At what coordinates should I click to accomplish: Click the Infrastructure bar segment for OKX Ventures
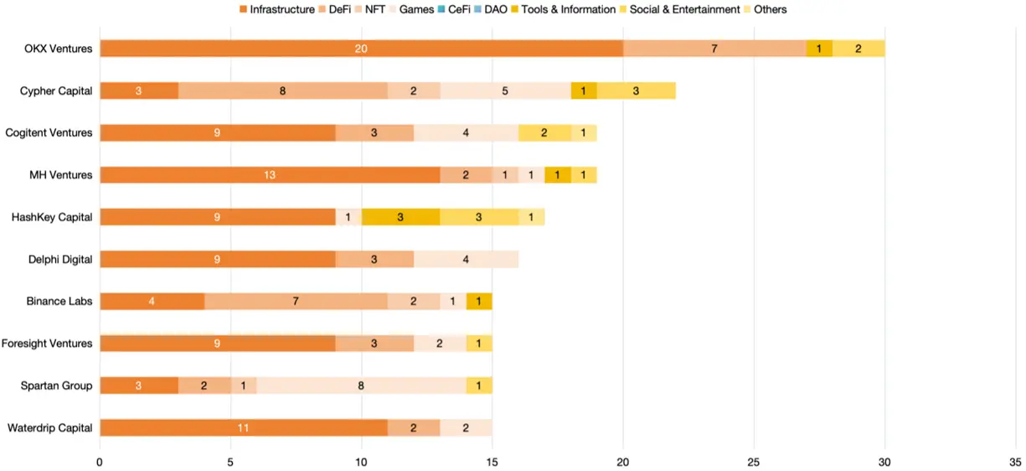[x=361, y=49]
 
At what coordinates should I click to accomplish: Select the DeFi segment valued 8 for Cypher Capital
[x=282, y=91]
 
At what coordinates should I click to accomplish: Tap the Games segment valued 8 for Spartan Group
[x=361, y=386]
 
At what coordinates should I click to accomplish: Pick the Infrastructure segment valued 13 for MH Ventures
[x=270, y=175]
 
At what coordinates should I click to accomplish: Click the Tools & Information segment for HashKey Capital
[x=400, y=217]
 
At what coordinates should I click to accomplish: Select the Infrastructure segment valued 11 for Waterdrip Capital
[x=243, y=427]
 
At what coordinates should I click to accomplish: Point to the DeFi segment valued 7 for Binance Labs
[x=296, y=301]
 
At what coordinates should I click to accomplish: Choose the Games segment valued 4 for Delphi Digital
[x=466, y=259]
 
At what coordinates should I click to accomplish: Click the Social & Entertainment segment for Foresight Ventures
[x=479, y=343]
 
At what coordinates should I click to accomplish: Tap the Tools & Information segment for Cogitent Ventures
[x=544, y=132]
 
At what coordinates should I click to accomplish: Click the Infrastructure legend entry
[x=281, y=9]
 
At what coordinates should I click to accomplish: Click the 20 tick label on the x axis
[x=623, y=461]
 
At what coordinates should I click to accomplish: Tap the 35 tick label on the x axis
[x=1015, y=461]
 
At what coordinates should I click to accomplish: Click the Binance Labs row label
[x=60, y=301]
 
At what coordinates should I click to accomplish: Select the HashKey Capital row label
[x=52, y=217]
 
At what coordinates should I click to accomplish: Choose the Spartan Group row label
[x=57, y=386]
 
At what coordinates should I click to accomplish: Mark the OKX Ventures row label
[x=59, y=49]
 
